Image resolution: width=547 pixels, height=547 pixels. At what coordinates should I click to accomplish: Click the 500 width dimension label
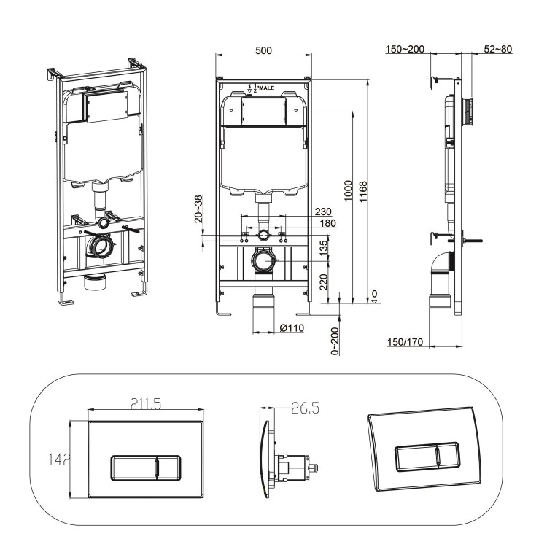coord(264,50)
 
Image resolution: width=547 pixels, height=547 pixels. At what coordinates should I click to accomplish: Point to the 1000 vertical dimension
coord(349,191)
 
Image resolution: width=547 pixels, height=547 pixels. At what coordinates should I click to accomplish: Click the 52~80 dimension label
coord(498,50)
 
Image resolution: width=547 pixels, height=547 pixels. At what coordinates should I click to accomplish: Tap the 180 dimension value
coord(327,224)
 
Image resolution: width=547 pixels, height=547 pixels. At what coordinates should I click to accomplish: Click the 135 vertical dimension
coord(324,249)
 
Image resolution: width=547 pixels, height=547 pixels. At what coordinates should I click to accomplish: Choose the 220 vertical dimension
coord(324,280)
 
